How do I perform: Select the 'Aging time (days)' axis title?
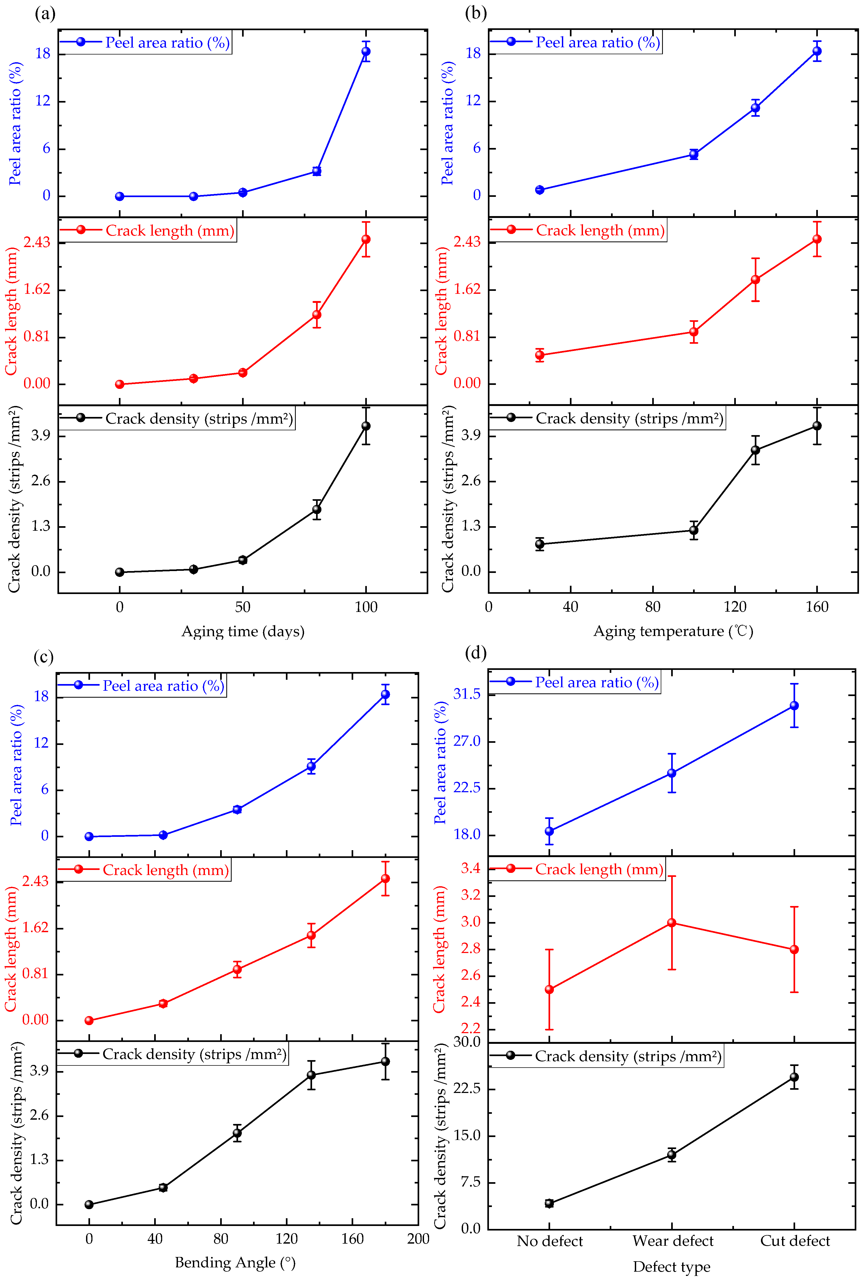click(x=243, y=631)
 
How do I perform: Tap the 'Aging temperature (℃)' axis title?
click(x=672, y=631)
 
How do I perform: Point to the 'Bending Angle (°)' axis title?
click(x=235, y=1262)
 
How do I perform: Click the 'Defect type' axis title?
click(x=671, y=1267)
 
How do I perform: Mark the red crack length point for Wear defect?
click(x=671, y=923)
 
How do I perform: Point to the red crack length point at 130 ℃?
click(x=755, y=280)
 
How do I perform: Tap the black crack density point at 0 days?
click(x=119, y=572)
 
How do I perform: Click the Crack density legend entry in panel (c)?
click(x=194, y=1054)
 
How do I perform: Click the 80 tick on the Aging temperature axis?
click(x=653, y=607)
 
